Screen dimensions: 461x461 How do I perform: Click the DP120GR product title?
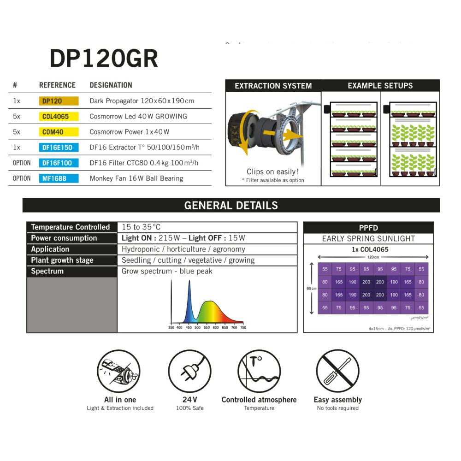click(104, 59)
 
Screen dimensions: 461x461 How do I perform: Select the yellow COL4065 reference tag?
click(59, 116)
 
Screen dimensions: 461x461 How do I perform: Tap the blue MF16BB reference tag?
click(59, 178)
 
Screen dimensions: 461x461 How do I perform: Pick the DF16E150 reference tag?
click(59, 148)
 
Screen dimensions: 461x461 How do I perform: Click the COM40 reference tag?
click(59, 132)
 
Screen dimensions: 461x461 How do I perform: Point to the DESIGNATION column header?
click(111, 85)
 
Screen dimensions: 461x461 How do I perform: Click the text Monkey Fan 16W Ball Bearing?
click(136, 178)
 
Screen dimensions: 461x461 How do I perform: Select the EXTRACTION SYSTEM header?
click(273, 86)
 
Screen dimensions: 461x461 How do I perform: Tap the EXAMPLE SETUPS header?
click(380, 86)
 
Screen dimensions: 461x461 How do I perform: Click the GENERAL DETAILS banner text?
click(231, 206)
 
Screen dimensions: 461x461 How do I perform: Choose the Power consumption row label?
click(64, 238)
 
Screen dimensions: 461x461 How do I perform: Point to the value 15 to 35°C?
click(141, 227)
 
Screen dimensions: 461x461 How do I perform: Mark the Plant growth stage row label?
click(62, 260)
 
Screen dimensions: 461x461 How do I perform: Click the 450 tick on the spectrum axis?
click(189, 327)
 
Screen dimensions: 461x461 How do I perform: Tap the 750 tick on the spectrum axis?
click(243, 327)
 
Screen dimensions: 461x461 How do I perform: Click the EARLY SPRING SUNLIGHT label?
click(368, 238)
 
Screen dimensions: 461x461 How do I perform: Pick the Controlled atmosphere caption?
click(259, 400)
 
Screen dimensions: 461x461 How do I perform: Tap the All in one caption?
click(120, 400)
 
